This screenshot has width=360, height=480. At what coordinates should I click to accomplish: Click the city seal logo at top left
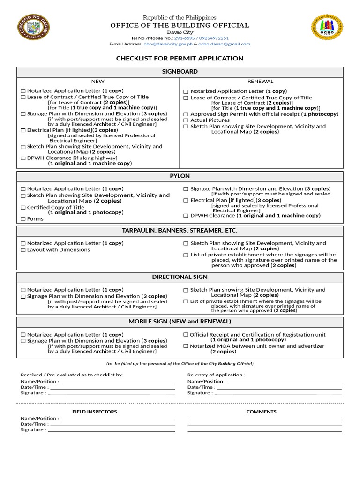click(33, 27)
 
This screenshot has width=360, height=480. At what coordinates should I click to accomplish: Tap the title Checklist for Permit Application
click(180, 59)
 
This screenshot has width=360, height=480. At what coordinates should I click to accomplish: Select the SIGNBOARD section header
click(180, 72)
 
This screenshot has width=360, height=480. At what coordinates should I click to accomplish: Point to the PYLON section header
click(180, 176)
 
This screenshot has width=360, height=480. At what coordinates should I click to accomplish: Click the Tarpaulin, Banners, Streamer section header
click(180, 231)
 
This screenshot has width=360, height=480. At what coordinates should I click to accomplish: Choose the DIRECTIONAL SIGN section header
click(180, 277)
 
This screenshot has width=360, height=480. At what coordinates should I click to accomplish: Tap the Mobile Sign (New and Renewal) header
click(180, 322)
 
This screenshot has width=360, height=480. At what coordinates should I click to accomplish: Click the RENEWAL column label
click(260, 82)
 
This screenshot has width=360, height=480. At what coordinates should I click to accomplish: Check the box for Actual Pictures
click(186, 120)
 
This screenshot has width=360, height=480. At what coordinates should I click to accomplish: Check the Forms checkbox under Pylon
click(23, 219)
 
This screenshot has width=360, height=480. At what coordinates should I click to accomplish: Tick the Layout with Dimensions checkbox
click(23, 250)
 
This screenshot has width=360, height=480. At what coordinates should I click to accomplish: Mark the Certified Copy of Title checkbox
click(23, 208)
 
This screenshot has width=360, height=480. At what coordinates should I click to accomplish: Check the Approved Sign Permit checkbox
click(186, 114)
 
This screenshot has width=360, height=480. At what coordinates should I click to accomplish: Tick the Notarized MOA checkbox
click(186, 346)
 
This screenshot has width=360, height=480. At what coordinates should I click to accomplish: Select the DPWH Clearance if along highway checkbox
click(23, 158)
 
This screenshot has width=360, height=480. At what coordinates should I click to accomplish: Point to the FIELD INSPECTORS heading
click(95, 412)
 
